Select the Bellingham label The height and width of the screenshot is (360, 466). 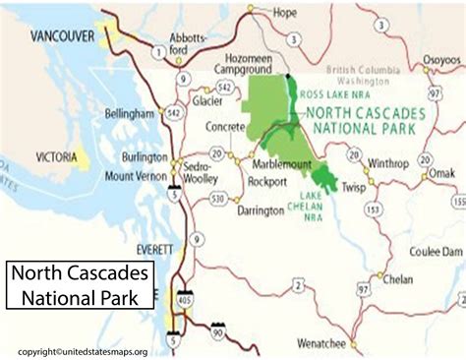pyautogui.click(x=131, y=115)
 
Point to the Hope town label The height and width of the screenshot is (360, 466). pyautogui.click(x=284, y=13)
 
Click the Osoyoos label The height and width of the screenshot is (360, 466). pyautogui.click(x=439, y=58)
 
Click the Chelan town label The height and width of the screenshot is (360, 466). pyautogui.click(x=398, y=278)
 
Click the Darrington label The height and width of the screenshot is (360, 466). pyautogui.click(x=261, y=210)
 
